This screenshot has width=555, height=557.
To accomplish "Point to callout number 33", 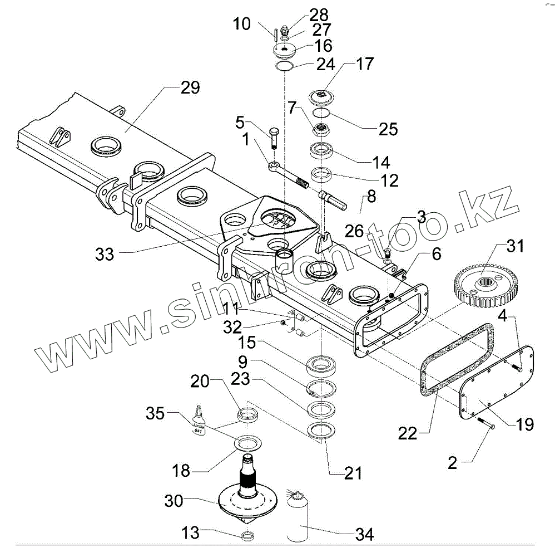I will (x=104, y=254).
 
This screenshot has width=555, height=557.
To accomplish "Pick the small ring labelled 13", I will (x=248, y=536).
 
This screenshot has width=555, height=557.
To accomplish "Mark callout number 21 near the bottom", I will (x=353, y=473).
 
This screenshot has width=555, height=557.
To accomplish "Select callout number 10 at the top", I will (x=242, y=24).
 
